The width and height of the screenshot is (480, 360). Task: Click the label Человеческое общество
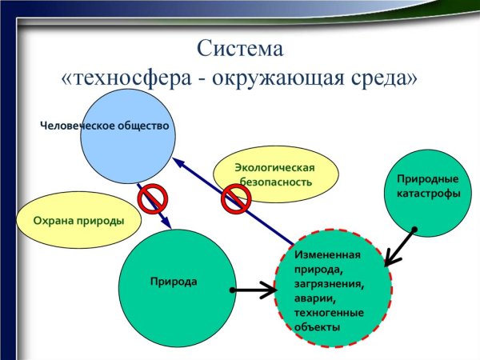(x=106, y=126)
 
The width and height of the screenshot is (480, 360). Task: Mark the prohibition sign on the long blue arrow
(x=236, y=198)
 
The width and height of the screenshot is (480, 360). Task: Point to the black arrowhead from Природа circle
(x=268, y=290)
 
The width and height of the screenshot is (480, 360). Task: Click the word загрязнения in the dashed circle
(x=328, y=283)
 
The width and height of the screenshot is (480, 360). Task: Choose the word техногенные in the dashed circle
(x=329, y=312)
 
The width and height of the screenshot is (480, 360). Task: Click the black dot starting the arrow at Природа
(x=231, y=290)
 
